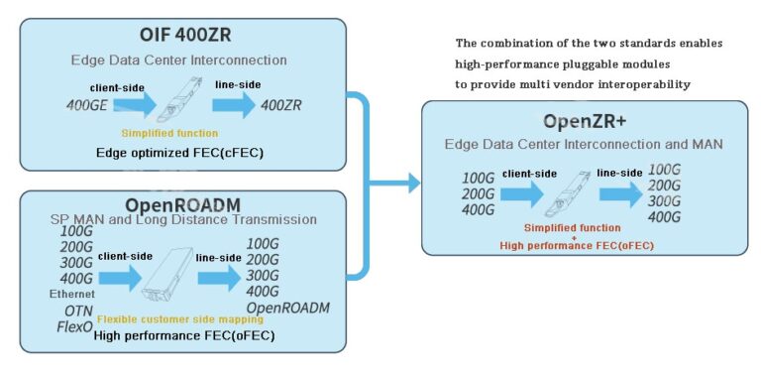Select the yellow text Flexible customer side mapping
(183, 319)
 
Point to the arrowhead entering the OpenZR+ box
(412, 182)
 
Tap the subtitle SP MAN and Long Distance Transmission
(183, 218)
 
